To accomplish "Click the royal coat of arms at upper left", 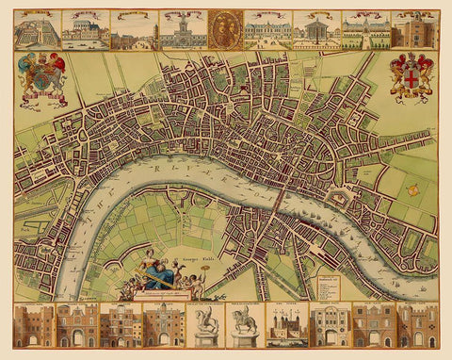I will coord(41,76).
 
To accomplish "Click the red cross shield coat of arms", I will coord(411,75).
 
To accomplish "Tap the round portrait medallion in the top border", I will coord(225,28).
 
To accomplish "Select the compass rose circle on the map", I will coord(412,189).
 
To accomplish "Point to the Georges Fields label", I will coord(191,256).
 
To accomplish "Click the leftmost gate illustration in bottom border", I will coord(34,325).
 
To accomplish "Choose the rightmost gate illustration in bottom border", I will coord(415,325).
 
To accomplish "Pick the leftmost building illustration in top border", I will coord(37,29).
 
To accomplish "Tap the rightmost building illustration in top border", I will coord(414,29).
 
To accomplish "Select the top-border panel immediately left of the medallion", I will coord(182,29).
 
